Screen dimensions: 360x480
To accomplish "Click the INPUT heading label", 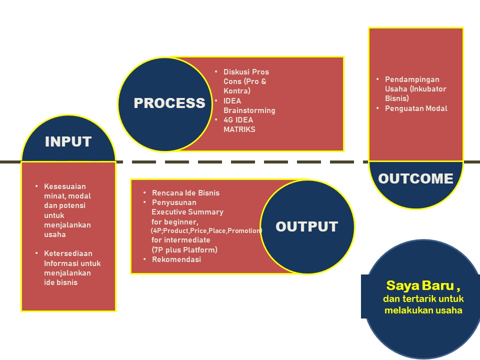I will (68, 141).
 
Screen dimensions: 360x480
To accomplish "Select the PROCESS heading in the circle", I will (169, 103).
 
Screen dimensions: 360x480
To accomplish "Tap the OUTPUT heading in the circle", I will (306, 226).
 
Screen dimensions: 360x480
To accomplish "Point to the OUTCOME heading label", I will (415, 178).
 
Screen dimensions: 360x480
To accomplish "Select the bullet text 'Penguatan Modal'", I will (416, 108).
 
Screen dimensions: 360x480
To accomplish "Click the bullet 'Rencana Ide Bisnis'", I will (185, 193).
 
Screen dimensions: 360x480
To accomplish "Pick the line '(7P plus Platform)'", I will (184, 250).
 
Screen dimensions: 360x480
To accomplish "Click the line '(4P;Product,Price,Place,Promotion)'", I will (206, 231).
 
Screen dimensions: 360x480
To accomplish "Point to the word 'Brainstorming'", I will (249, 110).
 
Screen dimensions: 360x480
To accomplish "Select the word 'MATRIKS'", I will (239, 129).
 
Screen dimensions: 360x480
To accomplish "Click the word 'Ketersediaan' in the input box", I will (68, 253).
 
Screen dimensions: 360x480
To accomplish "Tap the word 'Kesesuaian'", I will (64, 186).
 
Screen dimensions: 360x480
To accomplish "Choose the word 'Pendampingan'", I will (412, 79).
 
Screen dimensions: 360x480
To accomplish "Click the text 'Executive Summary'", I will (187, 212).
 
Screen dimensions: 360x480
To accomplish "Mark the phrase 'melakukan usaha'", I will (423, 310).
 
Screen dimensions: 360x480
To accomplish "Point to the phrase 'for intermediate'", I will (180, 240).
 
